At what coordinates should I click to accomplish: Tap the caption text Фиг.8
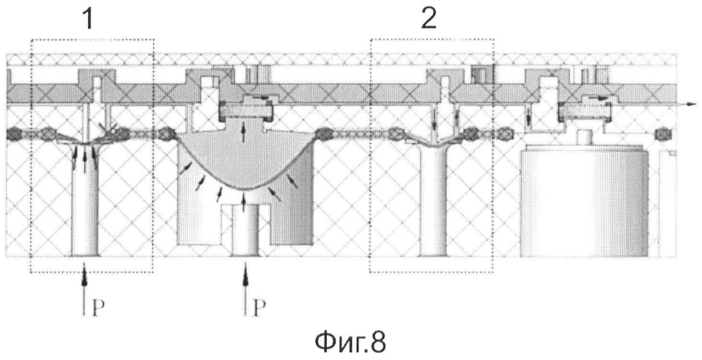(x=350, y=343)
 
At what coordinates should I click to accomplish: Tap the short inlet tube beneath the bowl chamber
(x=245, y=231)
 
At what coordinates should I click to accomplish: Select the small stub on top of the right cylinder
(x=584, y=138)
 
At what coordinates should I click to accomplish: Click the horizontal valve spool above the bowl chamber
(x=246, y=111)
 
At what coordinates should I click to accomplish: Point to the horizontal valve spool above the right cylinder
(x=586, y=111)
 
